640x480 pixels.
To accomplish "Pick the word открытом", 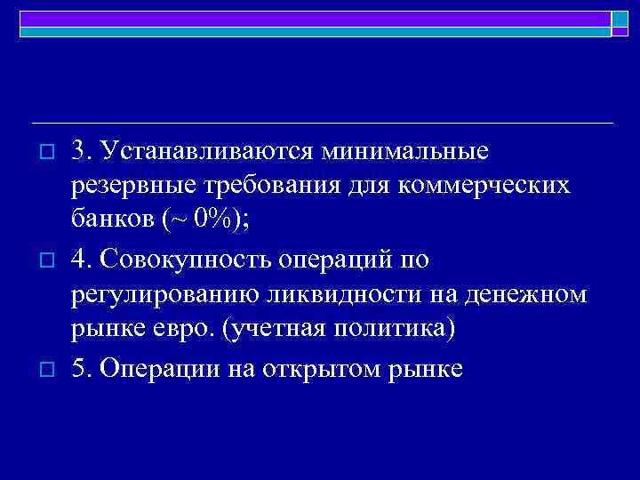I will coord(319,368).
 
